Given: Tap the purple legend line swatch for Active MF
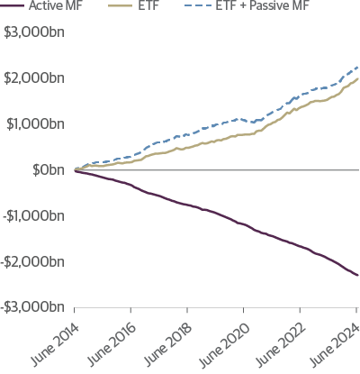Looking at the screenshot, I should tap(13, 8).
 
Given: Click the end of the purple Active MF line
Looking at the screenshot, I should tap(357, 276).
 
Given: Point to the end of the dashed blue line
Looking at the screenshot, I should tap(357, 67).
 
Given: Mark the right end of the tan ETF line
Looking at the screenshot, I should tap(357, 78).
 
